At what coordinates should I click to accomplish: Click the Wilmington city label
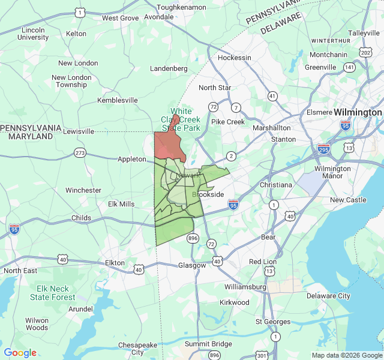358,112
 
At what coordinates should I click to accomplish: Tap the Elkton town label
115,263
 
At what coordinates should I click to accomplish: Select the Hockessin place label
234,58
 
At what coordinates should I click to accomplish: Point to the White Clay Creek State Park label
181,119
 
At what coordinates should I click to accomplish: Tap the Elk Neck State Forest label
53,293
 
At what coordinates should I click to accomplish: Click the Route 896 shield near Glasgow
193,238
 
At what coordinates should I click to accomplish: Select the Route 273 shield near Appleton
80,153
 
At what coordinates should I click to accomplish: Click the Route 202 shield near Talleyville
366,53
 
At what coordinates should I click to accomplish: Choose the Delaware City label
328,296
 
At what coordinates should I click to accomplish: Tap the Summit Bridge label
208,344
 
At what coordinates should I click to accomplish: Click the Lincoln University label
34,33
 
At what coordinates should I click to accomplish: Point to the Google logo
20,353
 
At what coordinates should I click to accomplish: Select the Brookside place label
208,195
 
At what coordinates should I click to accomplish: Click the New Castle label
347,200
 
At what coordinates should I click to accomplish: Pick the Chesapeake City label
139,349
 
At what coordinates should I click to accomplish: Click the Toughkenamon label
181,7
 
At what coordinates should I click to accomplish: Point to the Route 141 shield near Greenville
349,67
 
